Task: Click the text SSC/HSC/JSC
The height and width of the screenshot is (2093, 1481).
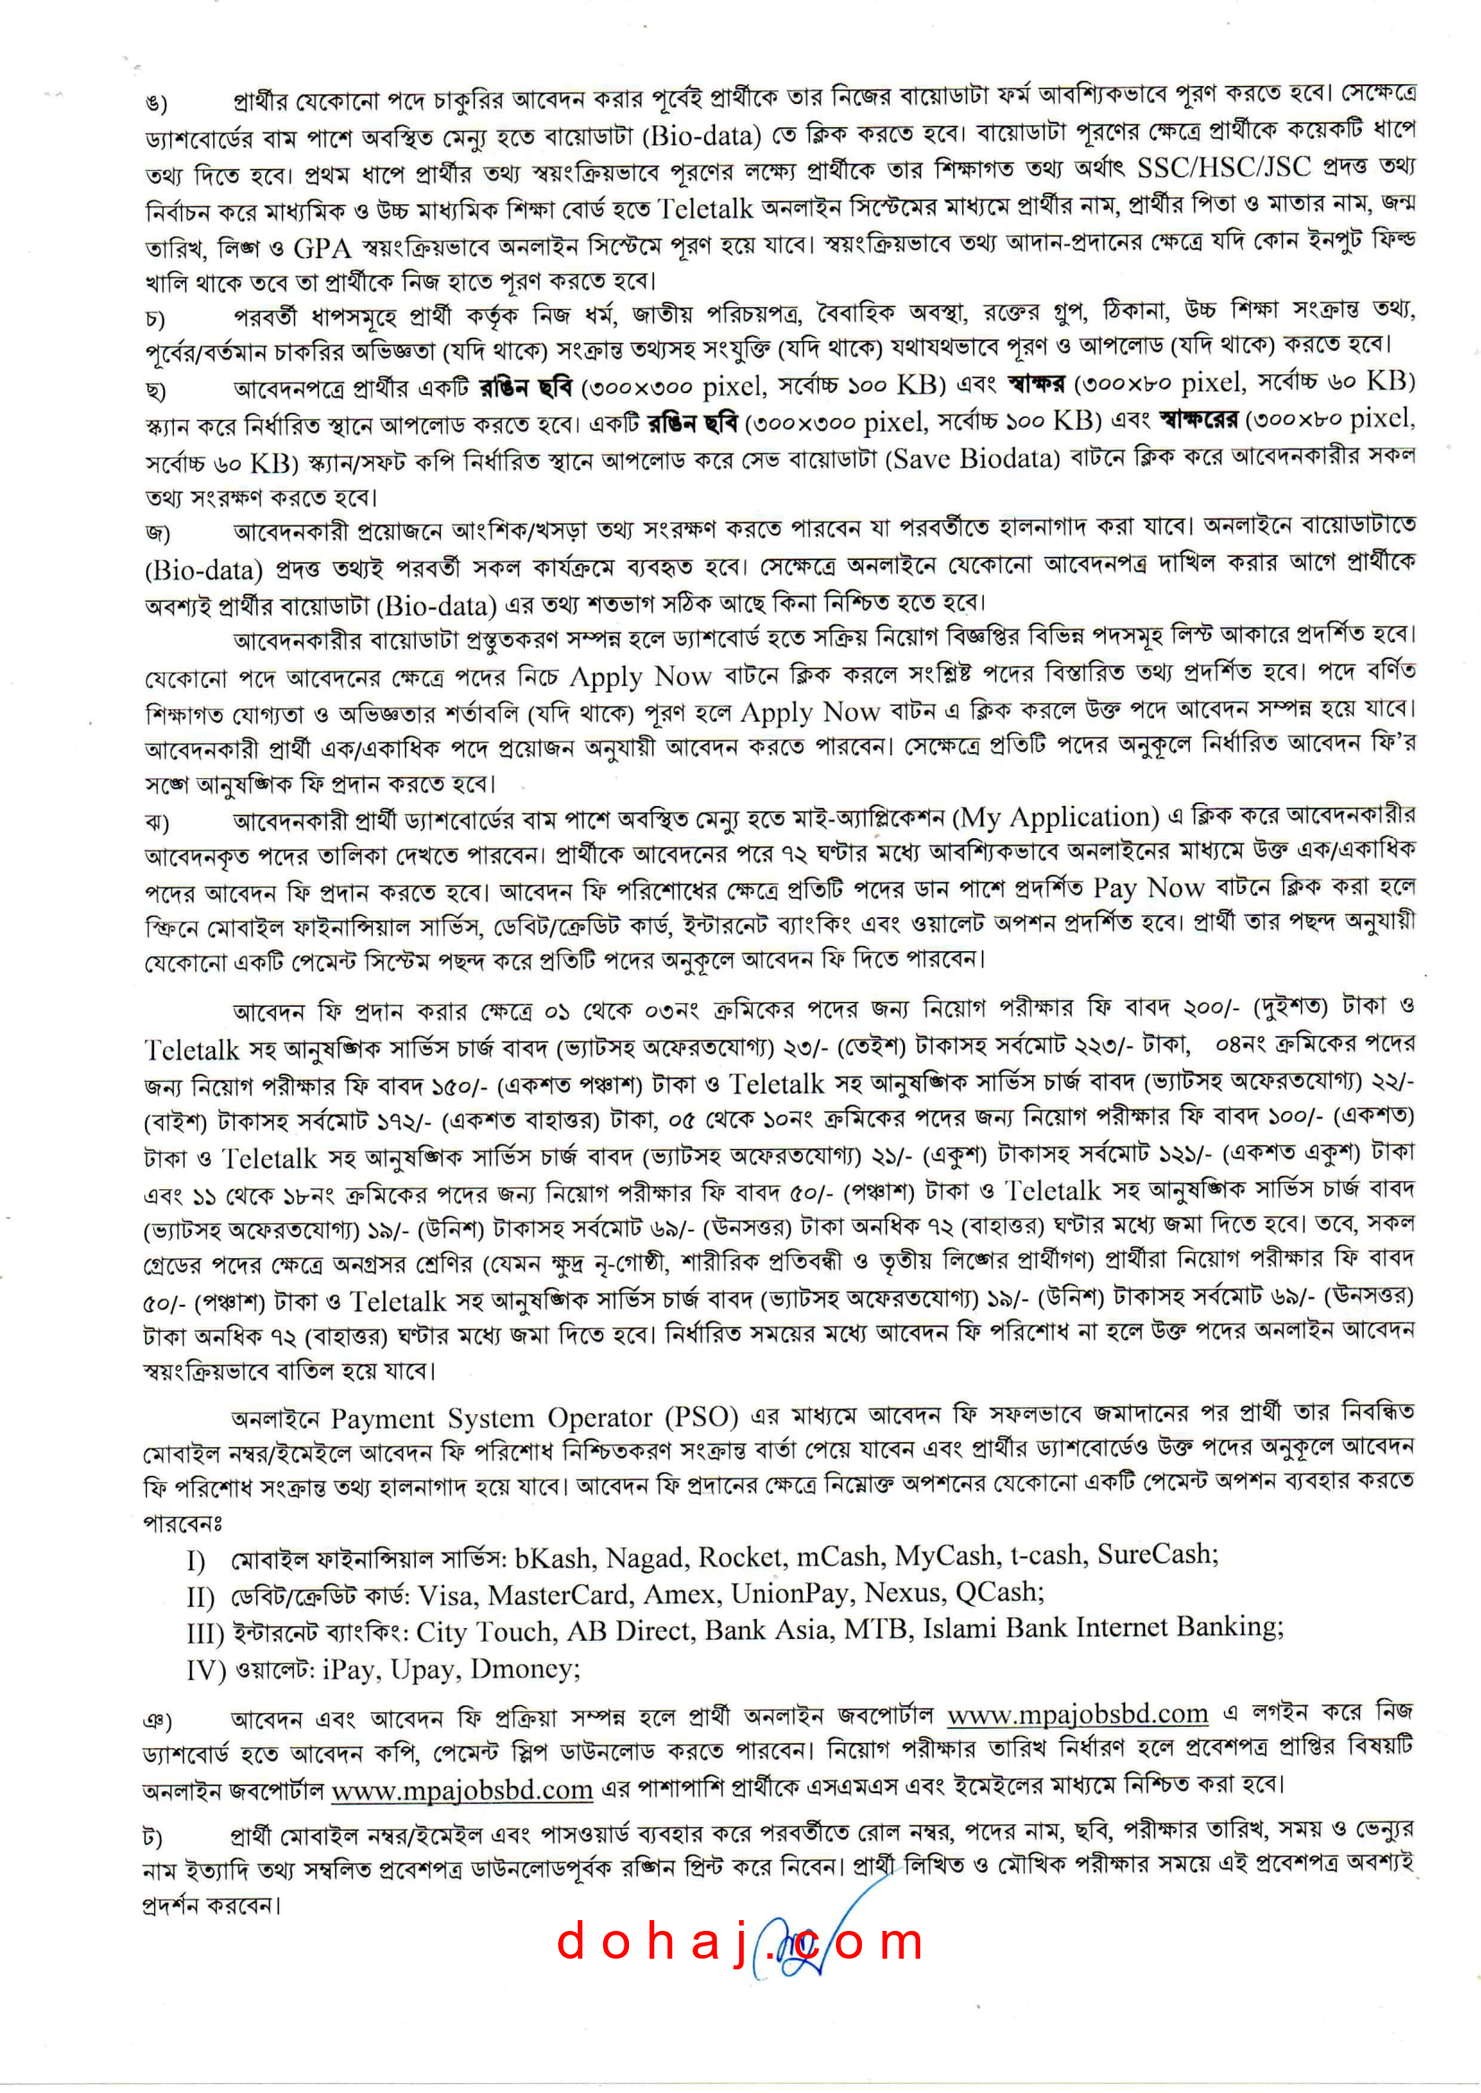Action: click(x=1223, y=167)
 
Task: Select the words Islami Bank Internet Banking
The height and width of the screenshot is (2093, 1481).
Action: click(x=1103, y=1628)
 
